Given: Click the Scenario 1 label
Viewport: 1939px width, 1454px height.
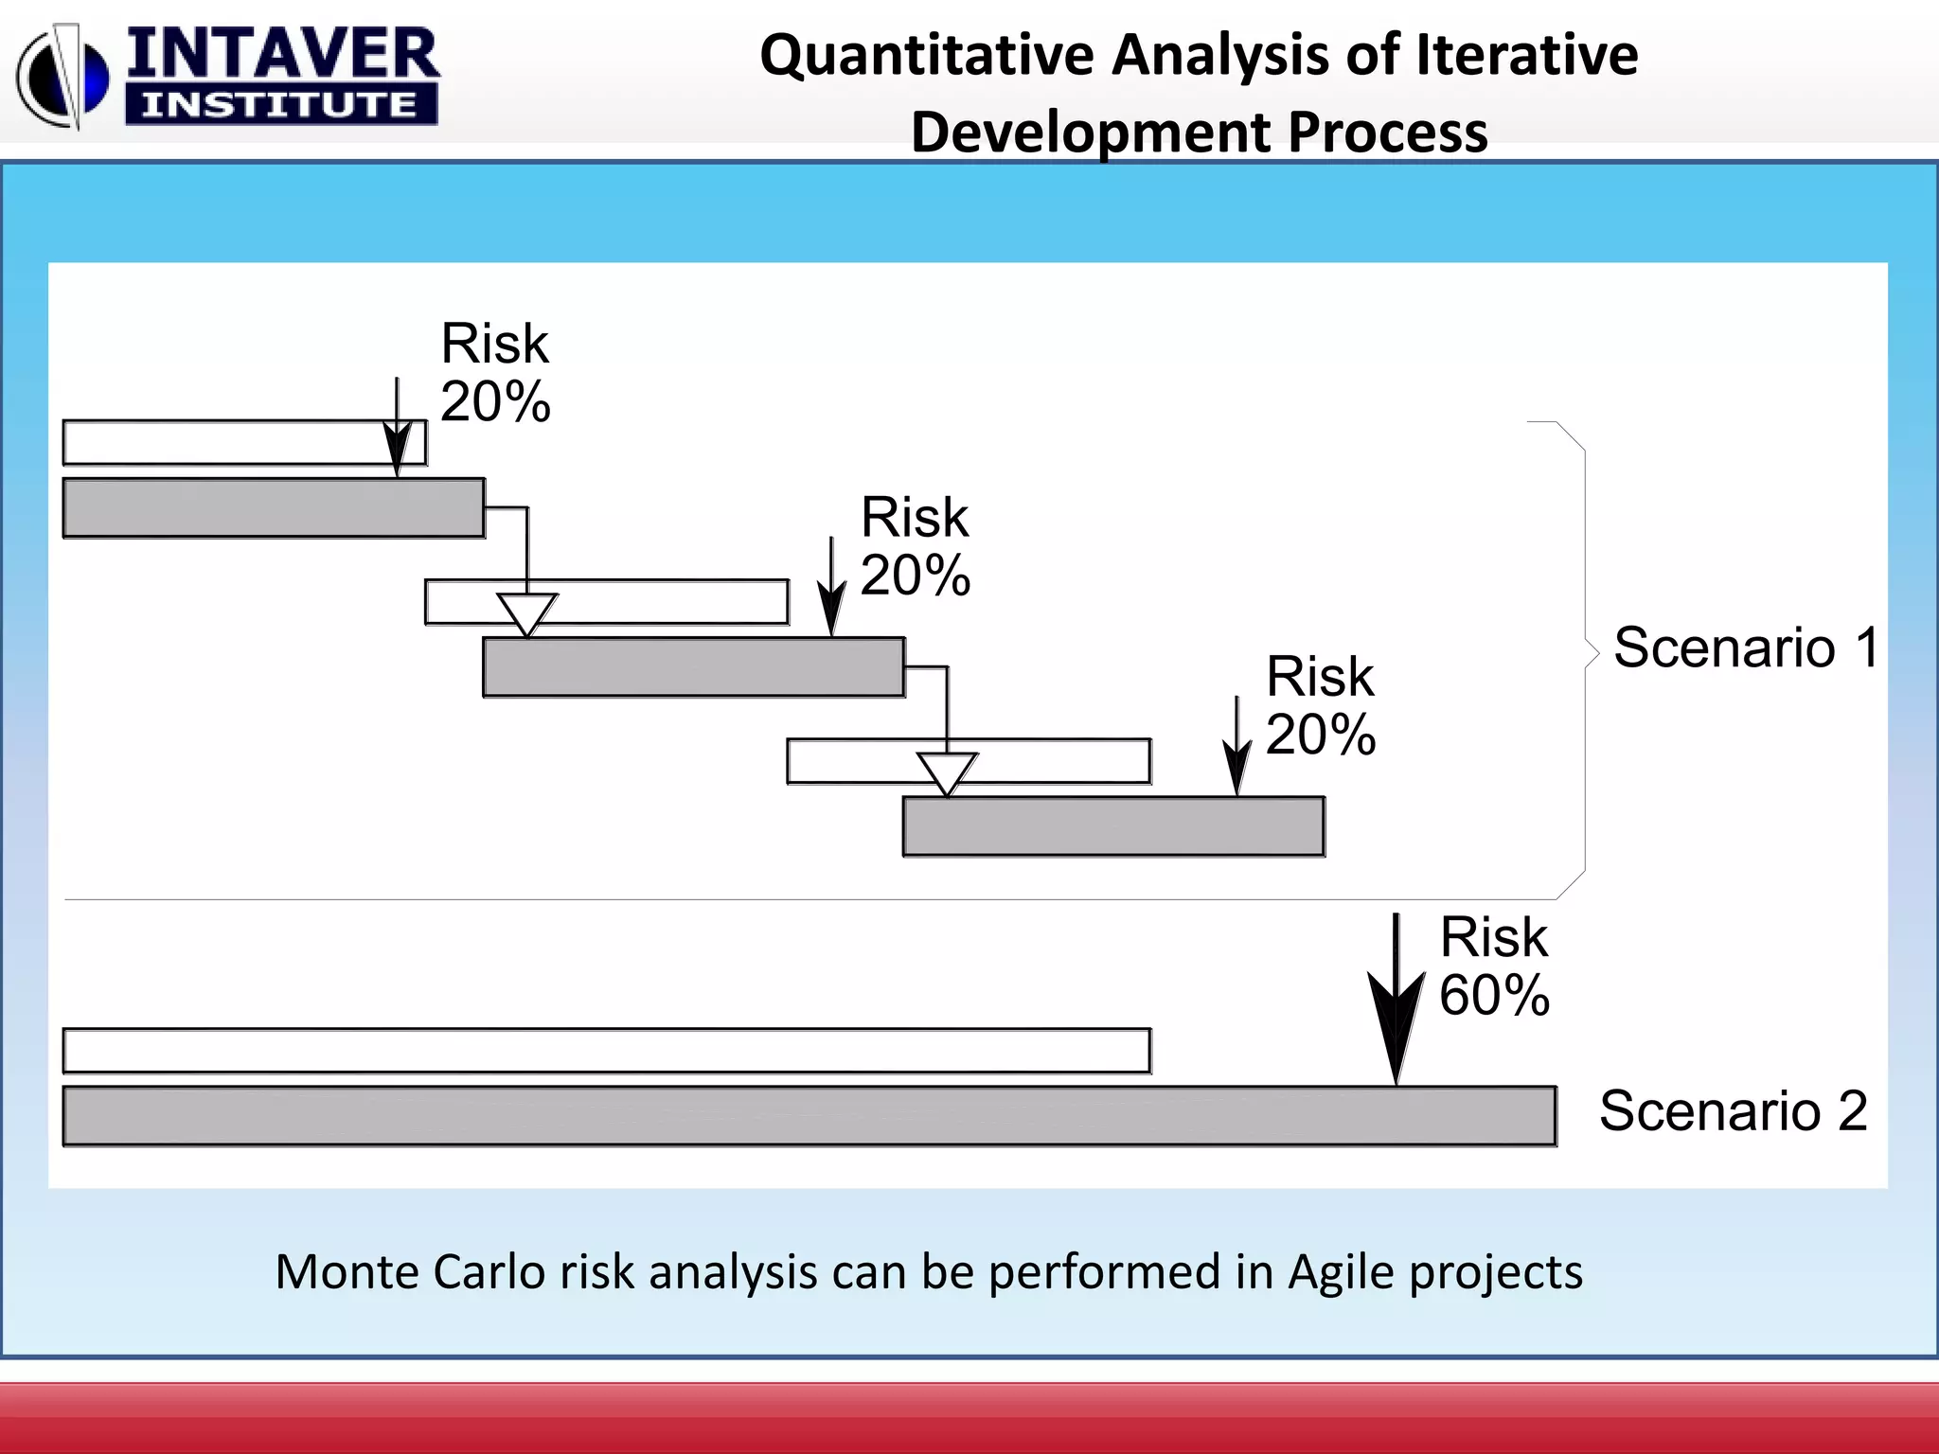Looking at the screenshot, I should pyautogui.click(x=1746, y=648).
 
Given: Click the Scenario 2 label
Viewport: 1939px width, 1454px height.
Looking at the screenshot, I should pyautogui.click(x=1733, y=1111).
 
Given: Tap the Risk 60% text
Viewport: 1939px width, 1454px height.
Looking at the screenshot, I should pyautogui.click(x=1494, y=966).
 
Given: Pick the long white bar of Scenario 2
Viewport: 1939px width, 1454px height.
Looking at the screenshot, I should pyautogui.click(x=606, y=1051).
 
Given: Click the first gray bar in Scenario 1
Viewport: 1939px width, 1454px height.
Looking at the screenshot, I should pyautogui.click(x=274, y=508).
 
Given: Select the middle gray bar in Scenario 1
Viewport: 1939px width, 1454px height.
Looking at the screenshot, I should pyautogui.click(x=693, y=667).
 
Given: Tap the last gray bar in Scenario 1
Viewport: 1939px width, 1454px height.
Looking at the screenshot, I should pyautogui.click(x=1113, y=826).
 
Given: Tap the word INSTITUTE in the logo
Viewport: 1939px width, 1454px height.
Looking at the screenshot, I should pyautogui.click(x=280, y=104).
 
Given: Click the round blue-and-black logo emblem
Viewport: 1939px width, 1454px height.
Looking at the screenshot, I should pyautogui.click(x=62, y=78).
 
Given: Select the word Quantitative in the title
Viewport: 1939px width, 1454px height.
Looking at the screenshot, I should pyautogui.click(x=925, y=55).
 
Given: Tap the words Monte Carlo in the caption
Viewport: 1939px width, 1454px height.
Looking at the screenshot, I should pyautogui.click(x=409, y=1271).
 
